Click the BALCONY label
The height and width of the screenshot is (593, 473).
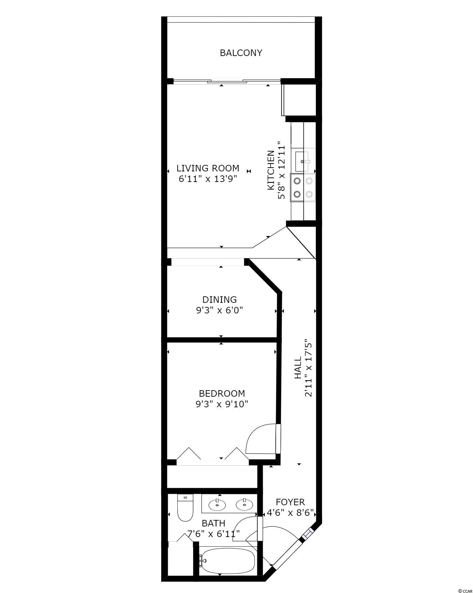pyautogui.click(x=241, y=53)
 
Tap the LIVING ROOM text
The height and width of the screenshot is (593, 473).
pyautogui.click(x=208, y=168)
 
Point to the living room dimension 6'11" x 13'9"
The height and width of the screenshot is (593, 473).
pyautogui.click(x=208, y=179)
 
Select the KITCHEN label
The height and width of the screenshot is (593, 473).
pyautogui.click(x=271, y=170)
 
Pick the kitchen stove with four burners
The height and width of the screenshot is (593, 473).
pyautogui.click(x=303, y=188)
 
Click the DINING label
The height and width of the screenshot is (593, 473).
pyautogui.click(x=219, y=299)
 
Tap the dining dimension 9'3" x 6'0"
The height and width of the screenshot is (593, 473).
pyautogui.click(x=219, y=310)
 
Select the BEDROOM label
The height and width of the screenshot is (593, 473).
pyautogui.click(x=222, y=393)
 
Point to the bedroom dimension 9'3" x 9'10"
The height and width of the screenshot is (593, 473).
pyautogui.click(x=222, y=404)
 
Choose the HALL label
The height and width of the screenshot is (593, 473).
pyautogui.click(x=298, y=368)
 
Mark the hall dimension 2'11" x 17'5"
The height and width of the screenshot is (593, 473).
pyautogui.click(x=308, y=368)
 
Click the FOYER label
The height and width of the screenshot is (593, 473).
pyautogui.click(x=290, y=502)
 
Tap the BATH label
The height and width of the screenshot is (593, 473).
pyautogui.click(x=213, y=523)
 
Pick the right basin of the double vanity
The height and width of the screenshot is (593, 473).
pyautogui.click(x=244, y=505)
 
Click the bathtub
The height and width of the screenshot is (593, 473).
pyautogui.click(x=227, y=561)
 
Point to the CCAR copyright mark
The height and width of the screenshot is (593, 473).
pyautogui.click(x=465, y=588)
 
